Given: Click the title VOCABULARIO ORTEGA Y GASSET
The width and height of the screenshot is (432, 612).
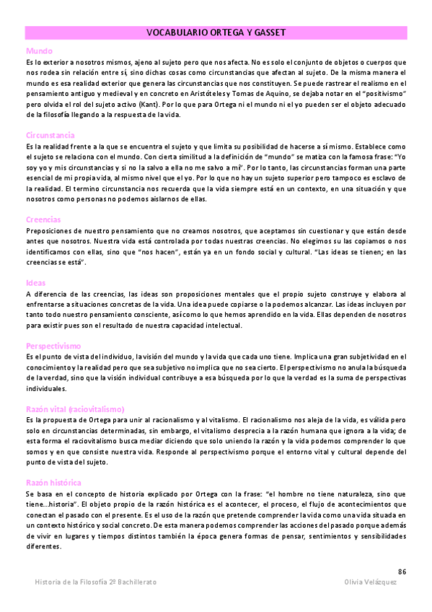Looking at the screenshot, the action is (216, 32).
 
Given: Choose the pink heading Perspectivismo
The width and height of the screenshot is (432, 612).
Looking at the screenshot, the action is (53, 346).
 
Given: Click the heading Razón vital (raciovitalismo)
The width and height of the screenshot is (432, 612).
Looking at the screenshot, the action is (75, 409).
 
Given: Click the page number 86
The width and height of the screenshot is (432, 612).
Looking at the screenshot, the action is (402, 572).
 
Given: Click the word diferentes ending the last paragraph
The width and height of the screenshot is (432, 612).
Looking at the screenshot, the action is (44, 546).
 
